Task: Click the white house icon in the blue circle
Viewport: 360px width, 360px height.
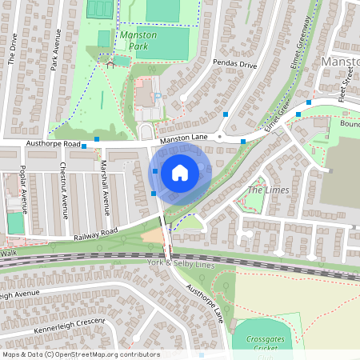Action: [180, 173]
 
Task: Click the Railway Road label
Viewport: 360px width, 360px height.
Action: [95, 233]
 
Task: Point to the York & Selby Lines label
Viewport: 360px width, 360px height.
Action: [182, 262]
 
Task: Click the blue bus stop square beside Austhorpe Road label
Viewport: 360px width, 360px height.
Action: [84, 146]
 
